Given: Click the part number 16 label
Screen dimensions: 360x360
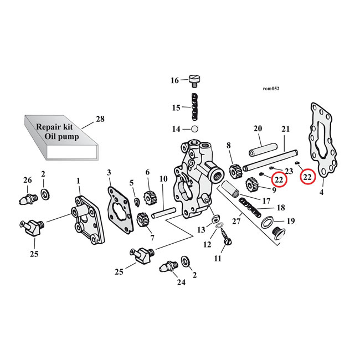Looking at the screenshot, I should [174, 81].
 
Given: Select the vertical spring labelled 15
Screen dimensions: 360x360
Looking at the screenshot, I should [194, 107].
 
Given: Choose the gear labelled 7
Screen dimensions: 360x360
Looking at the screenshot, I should [141, 220].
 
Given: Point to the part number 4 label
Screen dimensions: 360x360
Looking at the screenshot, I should [322, 193].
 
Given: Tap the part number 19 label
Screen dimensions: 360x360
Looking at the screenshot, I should [290, 221].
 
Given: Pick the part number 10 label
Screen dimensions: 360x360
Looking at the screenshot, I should [163, 179].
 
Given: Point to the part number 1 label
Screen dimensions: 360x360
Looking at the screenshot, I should [78, 181].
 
